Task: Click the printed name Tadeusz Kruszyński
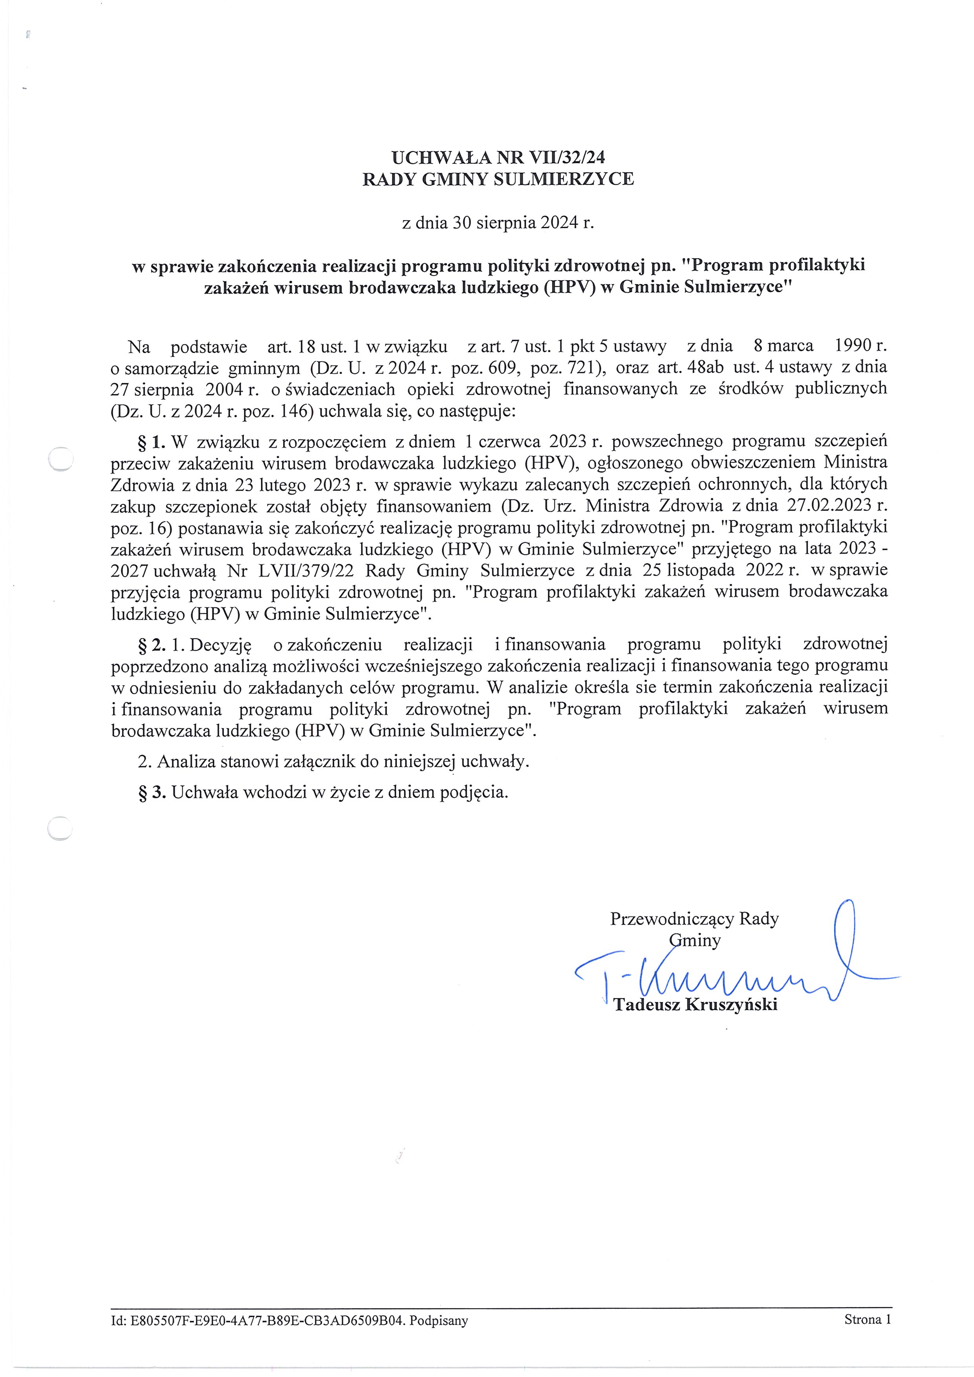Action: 695,1004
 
